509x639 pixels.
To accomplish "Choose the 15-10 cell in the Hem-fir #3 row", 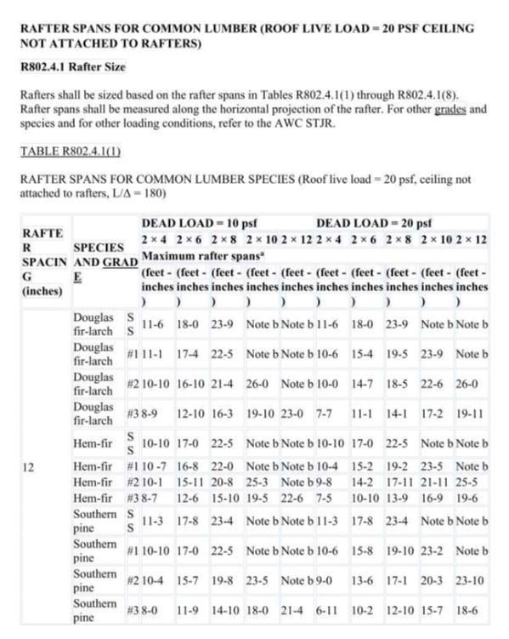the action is tap(224, 496).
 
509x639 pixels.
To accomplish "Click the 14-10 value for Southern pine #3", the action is tap(224, 610).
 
